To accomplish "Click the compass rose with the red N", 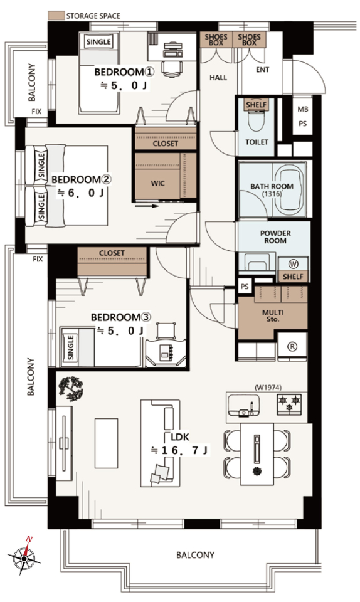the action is point(24,556).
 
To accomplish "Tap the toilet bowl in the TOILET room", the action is point(257,121).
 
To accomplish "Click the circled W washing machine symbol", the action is point(294,264).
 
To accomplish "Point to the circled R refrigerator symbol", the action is point(292,347).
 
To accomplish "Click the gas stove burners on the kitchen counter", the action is point(289,404).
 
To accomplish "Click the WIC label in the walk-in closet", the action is point(157,184).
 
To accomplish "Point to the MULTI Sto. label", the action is point(273,316).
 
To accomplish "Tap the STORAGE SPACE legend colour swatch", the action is point(56,16).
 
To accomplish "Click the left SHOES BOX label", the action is point(216,40).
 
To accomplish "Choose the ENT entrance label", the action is point(263,70).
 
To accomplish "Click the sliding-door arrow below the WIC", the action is point(147,206).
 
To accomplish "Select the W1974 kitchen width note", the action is point(268,388).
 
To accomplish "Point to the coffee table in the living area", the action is point(107,443).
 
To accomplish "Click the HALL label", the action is point(218,78).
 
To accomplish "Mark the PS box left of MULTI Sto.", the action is point(245,287).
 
